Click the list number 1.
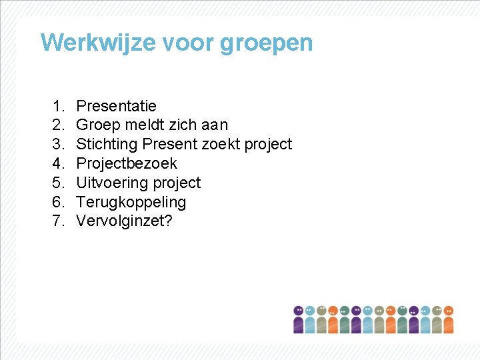[x=58, y=105]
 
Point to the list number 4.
[x=58, y=163]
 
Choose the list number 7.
[x=58, y=221]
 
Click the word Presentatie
[x=117, y=105]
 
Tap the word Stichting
[x=107, y=144]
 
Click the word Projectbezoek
[x=127, y=163]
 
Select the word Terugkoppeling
[x=131, y=202]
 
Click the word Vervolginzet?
[x=124, y=221]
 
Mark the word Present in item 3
[x=169, y=144]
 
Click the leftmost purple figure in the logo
[x=299, y=320]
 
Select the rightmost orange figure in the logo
[x=448, y=320]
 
